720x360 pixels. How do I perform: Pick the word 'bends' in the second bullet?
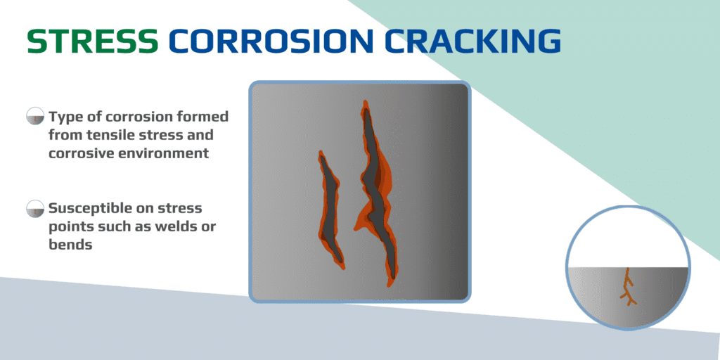70,245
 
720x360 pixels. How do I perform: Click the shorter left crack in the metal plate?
330,211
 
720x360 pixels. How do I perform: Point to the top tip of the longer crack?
365,104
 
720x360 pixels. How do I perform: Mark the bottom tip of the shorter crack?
342,266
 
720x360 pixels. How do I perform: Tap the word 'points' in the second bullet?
70,227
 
